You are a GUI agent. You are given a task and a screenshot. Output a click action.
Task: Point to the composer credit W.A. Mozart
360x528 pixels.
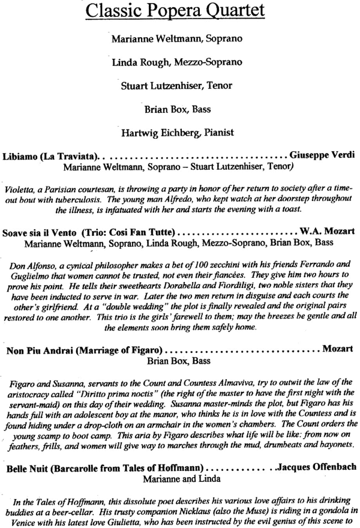(327, 231)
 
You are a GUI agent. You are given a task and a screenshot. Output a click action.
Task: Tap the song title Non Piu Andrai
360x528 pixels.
(35, 347)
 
